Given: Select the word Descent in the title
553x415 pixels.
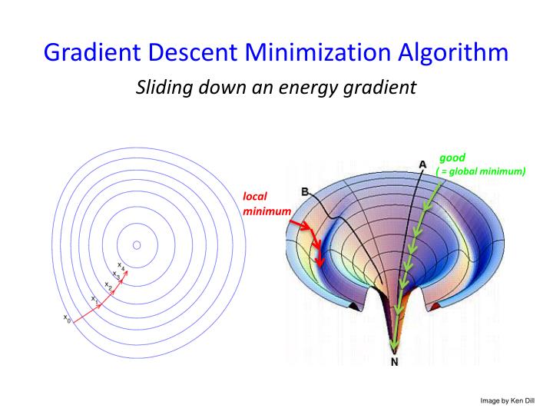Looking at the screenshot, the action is point(197,52).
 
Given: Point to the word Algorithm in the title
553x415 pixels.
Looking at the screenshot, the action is point(458,52).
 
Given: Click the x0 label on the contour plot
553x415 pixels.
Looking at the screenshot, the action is point(67,318).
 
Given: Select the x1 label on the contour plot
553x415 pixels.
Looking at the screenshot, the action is point(93,298).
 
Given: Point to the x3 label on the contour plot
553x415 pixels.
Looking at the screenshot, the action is point(115,274).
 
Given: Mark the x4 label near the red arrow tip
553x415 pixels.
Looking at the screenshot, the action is point(121,265).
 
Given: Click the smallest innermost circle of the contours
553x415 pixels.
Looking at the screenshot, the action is point(137,245).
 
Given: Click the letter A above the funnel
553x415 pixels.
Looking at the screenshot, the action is point(422,163).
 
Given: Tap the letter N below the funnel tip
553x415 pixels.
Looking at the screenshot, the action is point(395,364).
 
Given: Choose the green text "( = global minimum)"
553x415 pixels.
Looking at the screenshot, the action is point(481,171).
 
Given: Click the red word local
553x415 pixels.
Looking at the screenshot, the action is point(255,197).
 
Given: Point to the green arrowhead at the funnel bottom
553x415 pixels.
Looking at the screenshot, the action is point(394,344).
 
